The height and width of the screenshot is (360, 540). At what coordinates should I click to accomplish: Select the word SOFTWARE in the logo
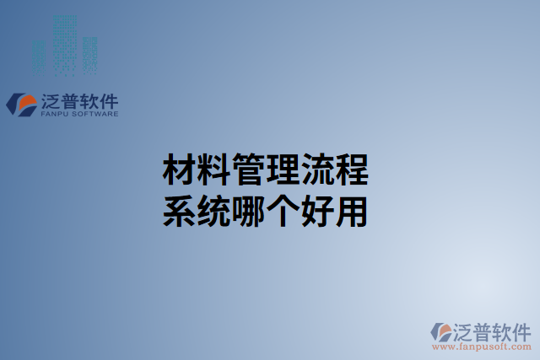(94, 114)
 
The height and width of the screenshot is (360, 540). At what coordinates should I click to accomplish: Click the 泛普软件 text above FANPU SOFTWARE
(78, 100)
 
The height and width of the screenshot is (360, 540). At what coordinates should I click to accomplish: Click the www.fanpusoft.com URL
(480, 345)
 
